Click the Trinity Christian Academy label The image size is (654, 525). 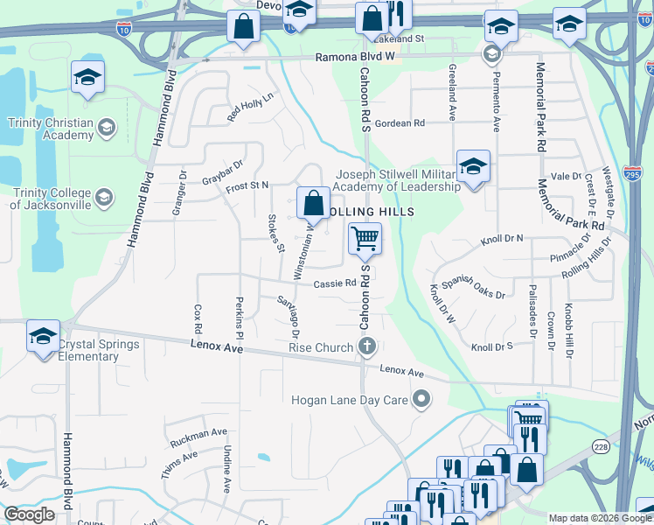click(x=51, y=129)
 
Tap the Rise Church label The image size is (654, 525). click(x=321, y=348)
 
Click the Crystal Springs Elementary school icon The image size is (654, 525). click(x=43, y=336)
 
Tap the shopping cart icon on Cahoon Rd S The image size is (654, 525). click(x=365, y=237)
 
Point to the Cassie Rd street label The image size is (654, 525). click(x=336, y=283)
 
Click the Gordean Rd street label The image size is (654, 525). click(x=399, y=123)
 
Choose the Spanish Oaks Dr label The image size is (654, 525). click(x=473, y=288)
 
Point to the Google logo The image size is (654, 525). click(x=29, y=514)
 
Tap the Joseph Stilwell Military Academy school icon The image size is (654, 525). click(x=472, y=165)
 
